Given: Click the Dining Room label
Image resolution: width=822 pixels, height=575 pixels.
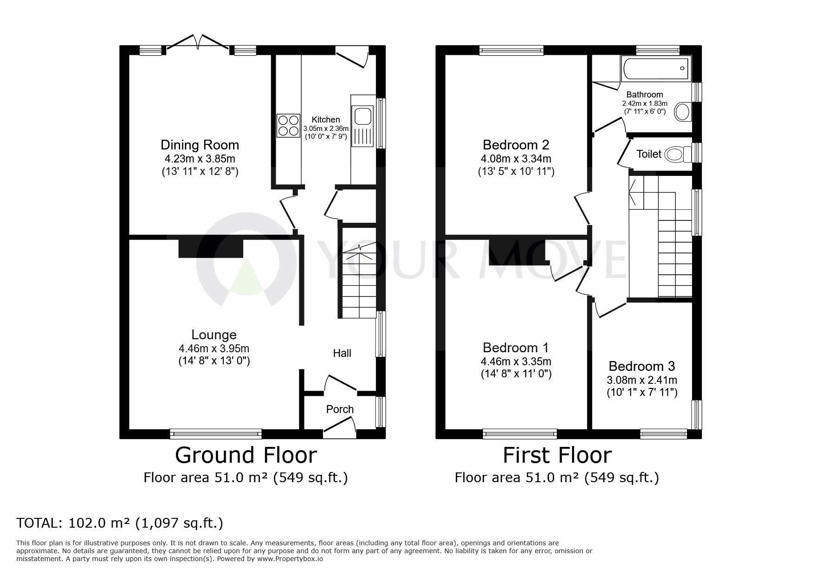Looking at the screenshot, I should [200, 145].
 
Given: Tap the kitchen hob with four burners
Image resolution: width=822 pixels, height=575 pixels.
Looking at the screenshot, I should [288, 126].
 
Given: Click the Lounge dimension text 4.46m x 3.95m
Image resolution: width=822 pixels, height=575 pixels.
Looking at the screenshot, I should [214, 348].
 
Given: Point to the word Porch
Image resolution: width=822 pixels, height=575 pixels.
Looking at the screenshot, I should [340, 409].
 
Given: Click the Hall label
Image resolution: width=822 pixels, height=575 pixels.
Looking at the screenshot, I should [342, 353].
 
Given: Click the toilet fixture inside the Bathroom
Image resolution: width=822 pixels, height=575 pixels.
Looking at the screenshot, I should [682, 112].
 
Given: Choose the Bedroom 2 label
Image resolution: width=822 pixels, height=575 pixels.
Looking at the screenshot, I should [516, 145].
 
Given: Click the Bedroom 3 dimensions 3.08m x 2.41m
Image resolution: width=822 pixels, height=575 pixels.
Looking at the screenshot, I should [642, 380].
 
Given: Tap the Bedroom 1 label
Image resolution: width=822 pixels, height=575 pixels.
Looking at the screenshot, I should [516, 348].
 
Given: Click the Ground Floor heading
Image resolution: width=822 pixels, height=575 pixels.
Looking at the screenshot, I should [246, 455].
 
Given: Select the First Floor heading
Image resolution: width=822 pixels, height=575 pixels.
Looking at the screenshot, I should [557, 455].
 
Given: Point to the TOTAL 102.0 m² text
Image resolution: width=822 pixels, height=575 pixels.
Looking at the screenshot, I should [120, 523].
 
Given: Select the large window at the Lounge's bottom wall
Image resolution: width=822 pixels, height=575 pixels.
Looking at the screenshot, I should [216, 434].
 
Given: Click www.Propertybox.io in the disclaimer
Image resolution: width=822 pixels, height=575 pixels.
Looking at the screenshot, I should [290, 559].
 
